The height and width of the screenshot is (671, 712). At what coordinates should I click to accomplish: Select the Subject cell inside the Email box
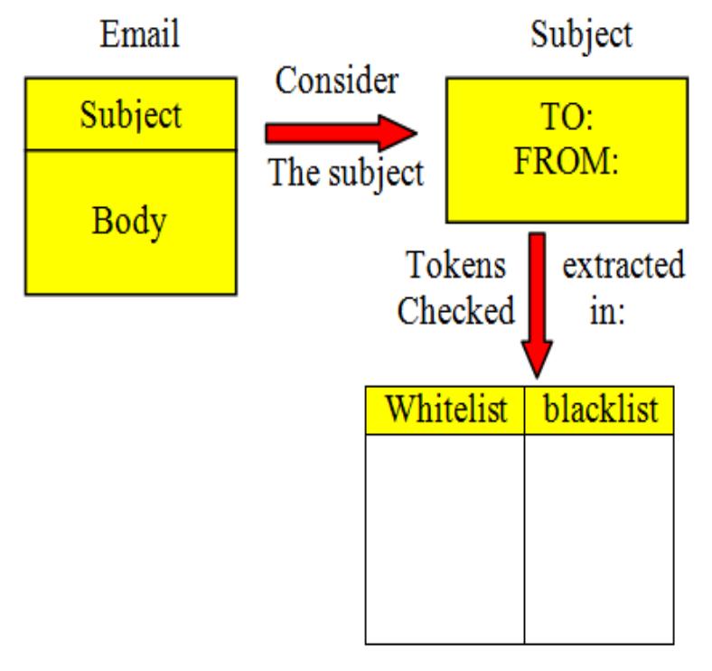click(130, 115)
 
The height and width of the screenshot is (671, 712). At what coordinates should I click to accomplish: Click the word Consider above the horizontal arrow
click(336, 80)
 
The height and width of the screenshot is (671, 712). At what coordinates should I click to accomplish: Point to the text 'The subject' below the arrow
click(346, 172)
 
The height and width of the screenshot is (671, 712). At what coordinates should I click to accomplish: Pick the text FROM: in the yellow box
click(566, 162)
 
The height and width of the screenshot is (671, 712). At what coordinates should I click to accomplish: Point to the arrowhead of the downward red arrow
click(537, 358)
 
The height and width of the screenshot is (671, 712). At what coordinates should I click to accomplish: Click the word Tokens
click(455, 266)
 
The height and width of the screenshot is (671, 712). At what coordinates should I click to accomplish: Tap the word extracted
click(623, 266)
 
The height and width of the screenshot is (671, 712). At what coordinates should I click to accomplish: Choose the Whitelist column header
click(445, 410)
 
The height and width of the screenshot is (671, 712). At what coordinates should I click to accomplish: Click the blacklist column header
click(600, 410)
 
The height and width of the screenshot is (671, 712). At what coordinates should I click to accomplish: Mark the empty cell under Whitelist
click(445, 538)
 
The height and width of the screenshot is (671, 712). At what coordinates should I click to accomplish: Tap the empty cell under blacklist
click(599, 538)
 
